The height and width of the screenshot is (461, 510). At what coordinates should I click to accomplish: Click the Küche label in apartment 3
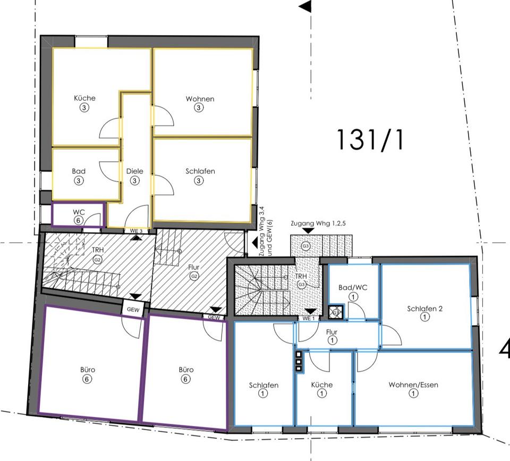84,98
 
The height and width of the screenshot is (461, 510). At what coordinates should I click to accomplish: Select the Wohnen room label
200,99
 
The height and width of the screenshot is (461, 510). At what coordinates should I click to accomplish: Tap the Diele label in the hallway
135,172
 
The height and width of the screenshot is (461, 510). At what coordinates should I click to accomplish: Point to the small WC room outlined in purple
79,215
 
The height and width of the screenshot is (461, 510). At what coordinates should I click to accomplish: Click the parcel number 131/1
370,139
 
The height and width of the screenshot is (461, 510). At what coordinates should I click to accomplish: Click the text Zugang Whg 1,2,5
318,224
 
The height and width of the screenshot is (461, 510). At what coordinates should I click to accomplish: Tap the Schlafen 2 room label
424,309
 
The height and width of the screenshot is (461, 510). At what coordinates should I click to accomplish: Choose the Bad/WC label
353,287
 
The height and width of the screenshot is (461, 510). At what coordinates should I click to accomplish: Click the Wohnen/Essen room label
413,385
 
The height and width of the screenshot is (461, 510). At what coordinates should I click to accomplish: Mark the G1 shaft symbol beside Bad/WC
336,312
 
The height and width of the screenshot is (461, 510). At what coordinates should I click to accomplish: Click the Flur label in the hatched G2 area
194,267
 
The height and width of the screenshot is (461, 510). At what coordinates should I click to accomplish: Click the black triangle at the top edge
305,6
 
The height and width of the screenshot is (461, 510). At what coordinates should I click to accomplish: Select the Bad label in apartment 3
79,172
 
